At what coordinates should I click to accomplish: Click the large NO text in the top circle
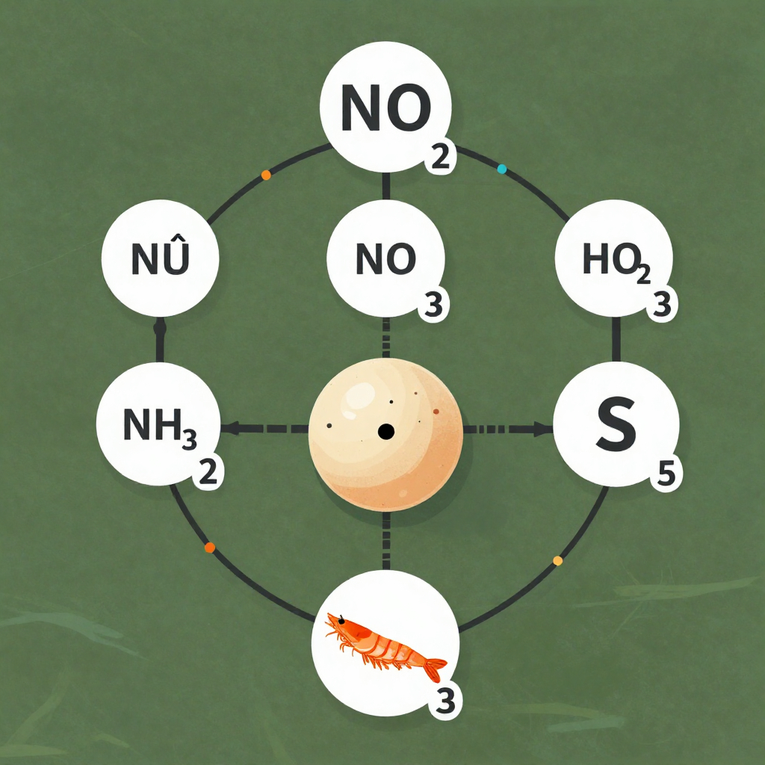(386, 108)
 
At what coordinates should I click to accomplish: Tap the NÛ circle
(160, 258)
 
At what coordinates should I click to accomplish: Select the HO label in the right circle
(609, 259)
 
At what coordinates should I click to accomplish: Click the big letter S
(616, 424)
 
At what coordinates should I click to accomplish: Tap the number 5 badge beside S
(666, 474)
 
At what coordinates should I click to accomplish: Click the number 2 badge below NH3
(208, 472)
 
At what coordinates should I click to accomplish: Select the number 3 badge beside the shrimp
(445, 702)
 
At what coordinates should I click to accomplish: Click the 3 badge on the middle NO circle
(433, 305)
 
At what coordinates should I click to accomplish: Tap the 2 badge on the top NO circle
(441, 158)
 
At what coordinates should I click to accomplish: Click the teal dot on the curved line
(501, 170)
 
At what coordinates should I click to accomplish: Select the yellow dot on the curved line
(557, 560)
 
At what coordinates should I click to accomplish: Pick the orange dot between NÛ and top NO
(266, 175)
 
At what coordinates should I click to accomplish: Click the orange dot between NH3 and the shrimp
(210, 548)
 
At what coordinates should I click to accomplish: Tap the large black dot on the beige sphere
(386, 431)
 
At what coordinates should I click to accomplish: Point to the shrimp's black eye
(341, 621)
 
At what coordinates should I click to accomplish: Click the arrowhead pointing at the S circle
(543, 430)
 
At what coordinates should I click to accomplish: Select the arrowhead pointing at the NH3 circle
(231, 429)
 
